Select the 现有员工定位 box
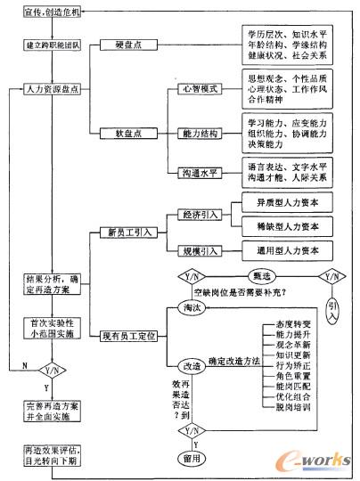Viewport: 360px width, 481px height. pyautogui.click(x=134, y=335)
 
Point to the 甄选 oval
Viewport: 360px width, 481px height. pyautogui.click(x=262, y=277)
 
